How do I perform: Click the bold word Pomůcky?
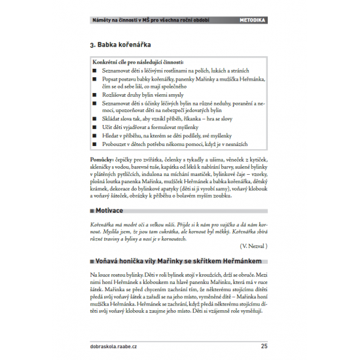101,159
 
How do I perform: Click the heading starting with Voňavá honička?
175,261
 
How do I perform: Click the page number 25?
264,346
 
